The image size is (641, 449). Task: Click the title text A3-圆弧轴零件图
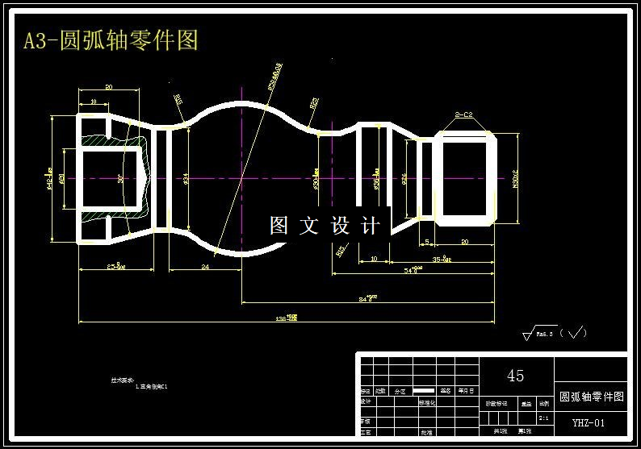(111, 40)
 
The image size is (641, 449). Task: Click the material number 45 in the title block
(515, 376)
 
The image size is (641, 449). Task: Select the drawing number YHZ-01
(589, 422)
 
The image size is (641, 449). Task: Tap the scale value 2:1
(544, 418)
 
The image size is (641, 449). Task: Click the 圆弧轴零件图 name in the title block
(592, 397)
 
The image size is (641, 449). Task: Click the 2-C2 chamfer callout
(463, 114)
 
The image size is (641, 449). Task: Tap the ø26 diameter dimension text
(404, 178)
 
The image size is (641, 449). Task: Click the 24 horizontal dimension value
(205, 266)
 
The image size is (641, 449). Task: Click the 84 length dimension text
(368, 298)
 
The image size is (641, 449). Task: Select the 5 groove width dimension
(426, 242)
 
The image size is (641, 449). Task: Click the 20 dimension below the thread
(464, 242)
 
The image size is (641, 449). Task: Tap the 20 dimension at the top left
(108, 87)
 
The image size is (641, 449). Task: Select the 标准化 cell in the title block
(427, 401)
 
